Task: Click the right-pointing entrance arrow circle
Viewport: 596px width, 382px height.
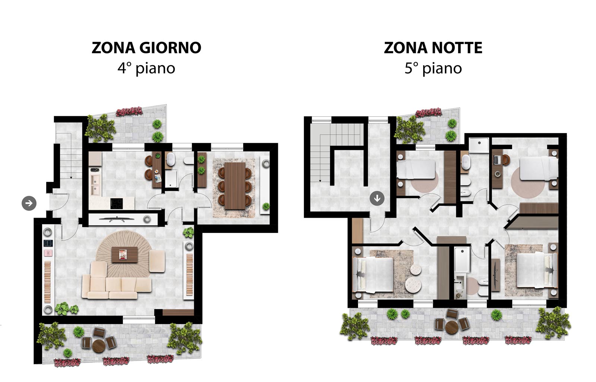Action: click(x=29, y=203)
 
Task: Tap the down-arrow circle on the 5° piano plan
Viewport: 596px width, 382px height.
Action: click(x=377, y=198)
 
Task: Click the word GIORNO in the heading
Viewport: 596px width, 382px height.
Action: click(x=170, y=48)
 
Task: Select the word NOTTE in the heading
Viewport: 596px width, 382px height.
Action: click(x=457, y=48)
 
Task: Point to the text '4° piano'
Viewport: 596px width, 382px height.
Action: click(x=146, y=69)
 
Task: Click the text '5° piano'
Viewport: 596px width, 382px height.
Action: click(x=433, y=69)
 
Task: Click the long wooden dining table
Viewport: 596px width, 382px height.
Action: click(x=235, y=186)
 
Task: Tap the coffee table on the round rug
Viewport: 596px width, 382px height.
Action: click(x=124, y=255)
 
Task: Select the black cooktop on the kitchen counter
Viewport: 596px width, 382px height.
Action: click(x=117, y=203)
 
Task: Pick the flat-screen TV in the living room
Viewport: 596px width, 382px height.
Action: click(x=112, y=219)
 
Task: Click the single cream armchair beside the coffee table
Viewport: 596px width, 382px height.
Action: click(x=157, y=261)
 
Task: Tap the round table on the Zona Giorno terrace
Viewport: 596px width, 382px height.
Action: click(x=99, y=346)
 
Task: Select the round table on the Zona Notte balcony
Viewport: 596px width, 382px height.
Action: click(x=451, y=327)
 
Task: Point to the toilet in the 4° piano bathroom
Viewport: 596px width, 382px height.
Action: click(x=188, y=160)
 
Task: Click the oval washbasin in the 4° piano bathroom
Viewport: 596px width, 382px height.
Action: click(x=170, y=159)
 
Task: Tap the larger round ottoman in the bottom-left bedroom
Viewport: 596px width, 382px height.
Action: click(x=413, y=285)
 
